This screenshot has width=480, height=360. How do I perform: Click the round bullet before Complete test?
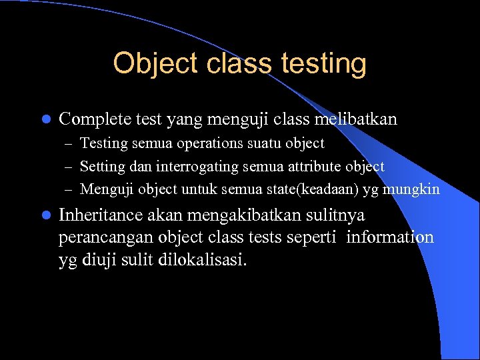point(45,120)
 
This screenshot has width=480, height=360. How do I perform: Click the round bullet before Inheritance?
point(45,216)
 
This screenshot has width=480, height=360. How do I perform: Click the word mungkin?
point(417,189)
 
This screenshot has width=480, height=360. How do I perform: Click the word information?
point(389,237)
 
